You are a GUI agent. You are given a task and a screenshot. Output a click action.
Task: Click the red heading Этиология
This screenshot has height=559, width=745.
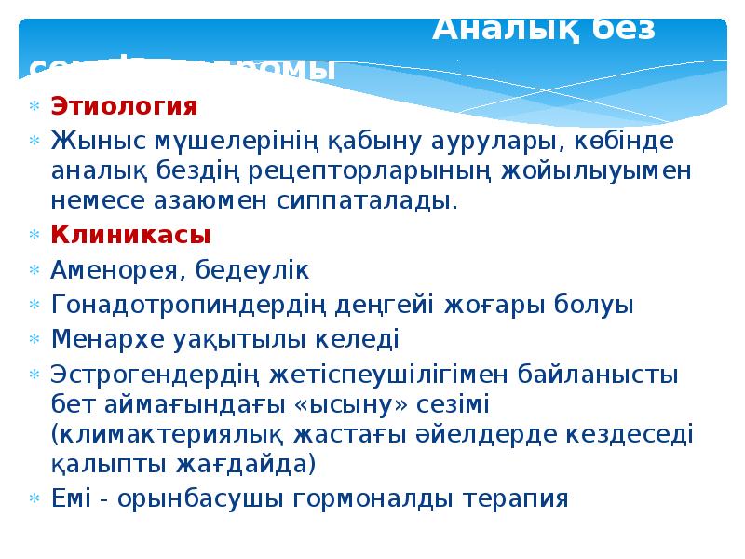pos(124,105)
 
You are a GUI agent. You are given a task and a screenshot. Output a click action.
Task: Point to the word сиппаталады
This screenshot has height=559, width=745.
pos(380,200)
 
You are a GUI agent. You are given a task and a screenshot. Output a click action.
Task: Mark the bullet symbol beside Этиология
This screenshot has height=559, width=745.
pos(34,105)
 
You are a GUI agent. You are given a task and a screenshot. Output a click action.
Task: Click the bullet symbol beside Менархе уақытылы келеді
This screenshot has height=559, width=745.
pos(34,337)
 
